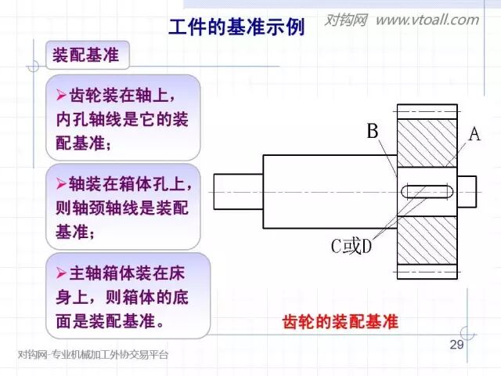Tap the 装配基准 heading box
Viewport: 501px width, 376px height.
(x=85, y=56)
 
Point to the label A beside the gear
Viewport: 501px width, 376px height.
(x=474, y=135)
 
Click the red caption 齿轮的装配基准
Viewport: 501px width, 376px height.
(x=340, y=322)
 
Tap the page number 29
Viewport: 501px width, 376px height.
(x=458, y=345)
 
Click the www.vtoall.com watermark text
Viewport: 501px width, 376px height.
(x=427, y=20)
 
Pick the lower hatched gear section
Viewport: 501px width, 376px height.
(x=427, y=246)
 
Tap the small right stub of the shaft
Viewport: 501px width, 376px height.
(x=466, y=191)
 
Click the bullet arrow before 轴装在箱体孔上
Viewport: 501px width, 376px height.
(x=62, y=183)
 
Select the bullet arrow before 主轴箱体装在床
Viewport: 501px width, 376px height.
(x=62, y=273)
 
